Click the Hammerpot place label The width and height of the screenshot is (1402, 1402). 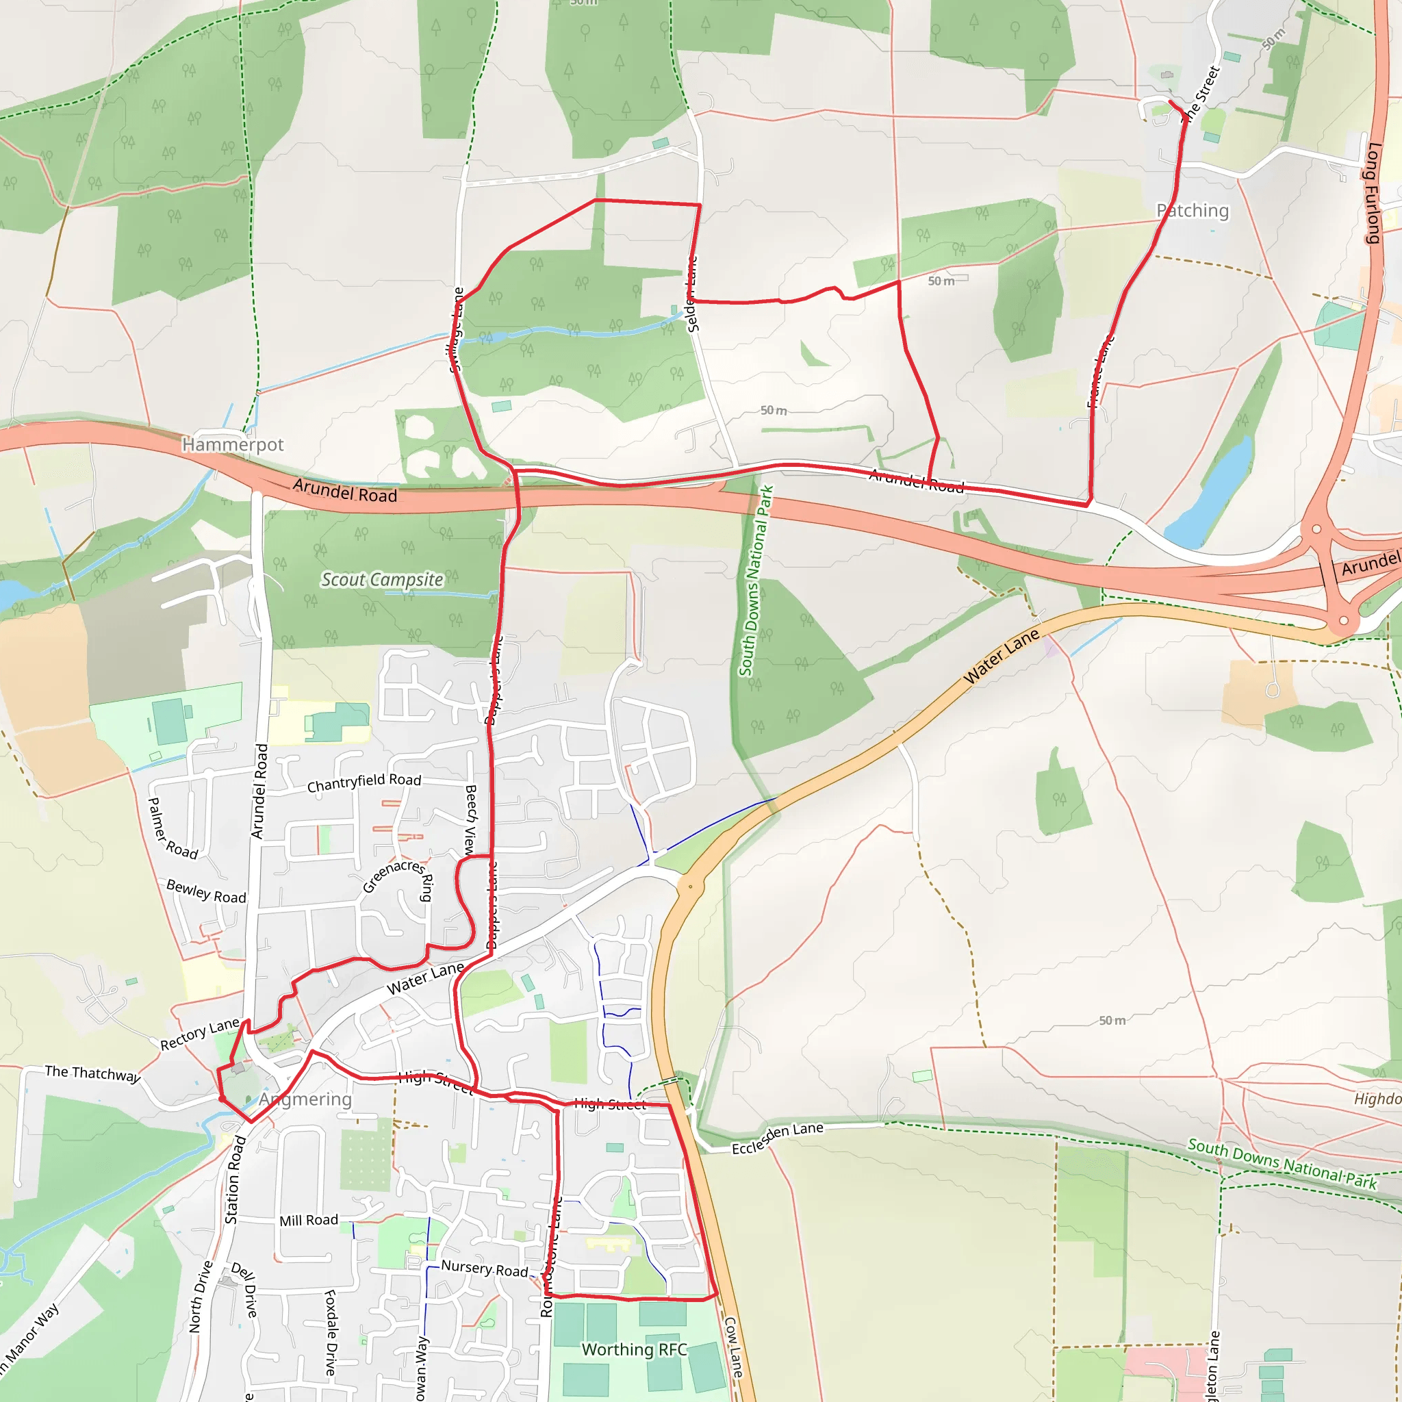coord(232,444)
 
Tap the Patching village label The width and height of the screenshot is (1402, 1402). coord(1193,210)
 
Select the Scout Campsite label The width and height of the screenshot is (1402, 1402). coord(382,580)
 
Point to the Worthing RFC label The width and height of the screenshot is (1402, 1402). coord(633,1349)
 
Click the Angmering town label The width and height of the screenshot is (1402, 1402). coord(305,1099)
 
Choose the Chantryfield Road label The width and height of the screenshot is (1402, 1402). coord(364,782)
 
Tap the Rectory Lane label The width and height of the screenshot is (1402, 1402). coord(200,1034)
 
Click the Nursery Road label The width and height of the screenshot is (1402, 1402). coord(484,1269)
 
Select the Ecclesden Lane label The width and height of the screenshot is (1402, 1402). coord(777,1138)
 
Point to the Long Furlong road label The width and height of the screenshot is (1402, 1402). coord(1373,192)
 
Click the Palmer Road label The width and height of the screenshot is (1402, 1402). coord(172,829)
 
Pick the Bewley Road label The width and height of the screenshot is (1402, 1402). coord(206,891)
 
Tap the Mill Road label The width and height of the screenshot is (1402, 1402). coord(309,1221)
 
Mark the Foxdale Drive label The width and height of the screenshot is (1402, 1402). coord(331,1332)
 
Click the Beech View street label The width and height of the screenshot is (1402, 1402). coord(470,819)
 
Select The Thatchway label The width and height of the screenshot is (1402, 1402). coord(92,1073)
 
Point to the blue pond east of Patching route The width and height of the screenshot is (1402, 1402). coord(1210,494)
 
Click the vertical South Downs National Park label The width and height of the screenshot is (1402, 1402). coord(756,580)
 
